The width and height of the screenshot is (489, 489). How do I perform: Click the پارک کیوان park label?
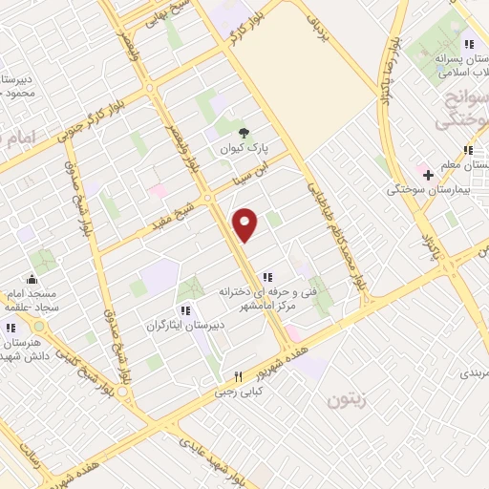(x=244, y=150)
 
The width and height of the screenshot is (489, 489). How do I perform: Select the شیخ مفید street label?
(x=180, y=208)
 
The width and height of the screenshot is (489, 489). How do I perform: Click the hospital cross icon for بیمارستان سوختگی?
(x=429, y=175)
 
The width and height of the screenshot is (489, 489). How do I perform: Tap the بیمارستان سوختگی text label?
(x=426, y=190)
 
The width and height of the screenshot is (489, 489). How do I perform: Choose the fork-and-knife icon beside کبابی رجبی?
(x=239, y=376)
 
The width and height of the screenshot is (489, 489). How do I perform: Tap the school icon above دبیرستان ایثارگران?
(x=185, y=310)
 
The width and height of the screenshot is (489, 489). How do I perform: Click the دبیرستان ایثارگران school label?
(x=185, y=326)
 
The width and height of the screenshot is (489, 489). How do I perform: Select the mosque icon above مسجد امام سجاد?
(x=33, y=279)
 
